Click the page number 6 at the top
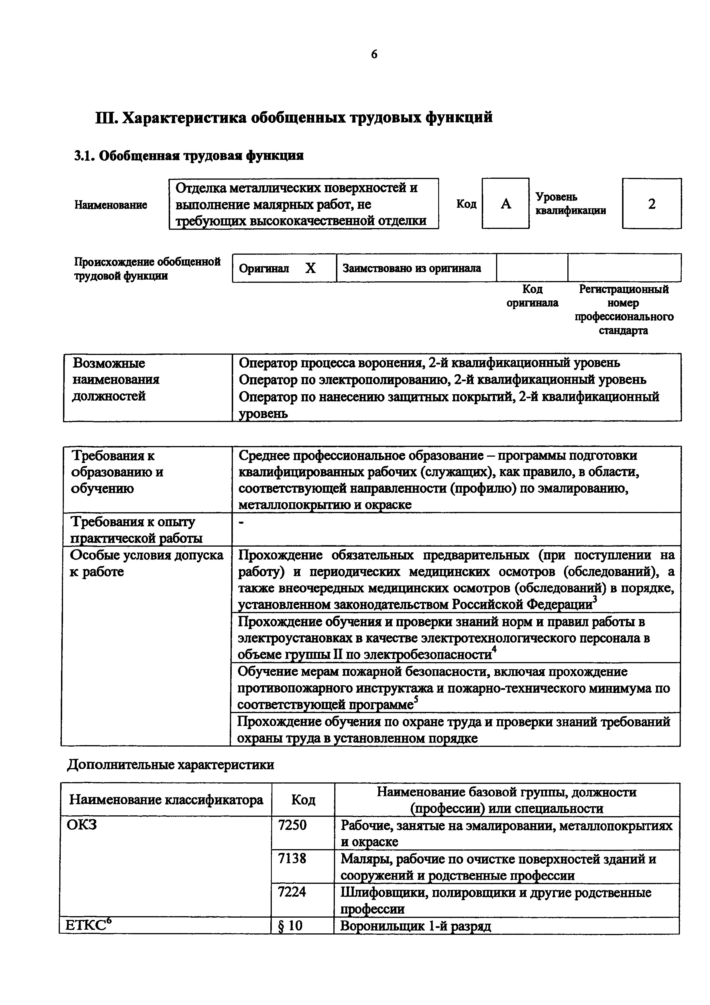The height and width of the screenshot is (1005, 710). (374, 54)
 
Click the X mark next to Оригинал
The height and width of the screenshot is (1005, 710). (310, 268)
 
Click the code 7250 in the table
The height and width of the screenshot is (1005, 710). (292, 825)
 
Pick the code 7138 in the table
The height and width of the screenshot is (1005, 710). (292, 859)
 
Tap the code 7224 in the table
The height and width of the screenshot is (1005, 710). (292, 892)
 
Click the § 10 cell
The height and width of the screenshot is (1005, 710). (290, 925)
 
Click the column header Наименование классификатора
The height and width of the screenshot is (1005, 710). (166, 800)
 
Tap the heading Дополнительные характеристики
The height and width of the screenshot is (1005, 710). (171, 765)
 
